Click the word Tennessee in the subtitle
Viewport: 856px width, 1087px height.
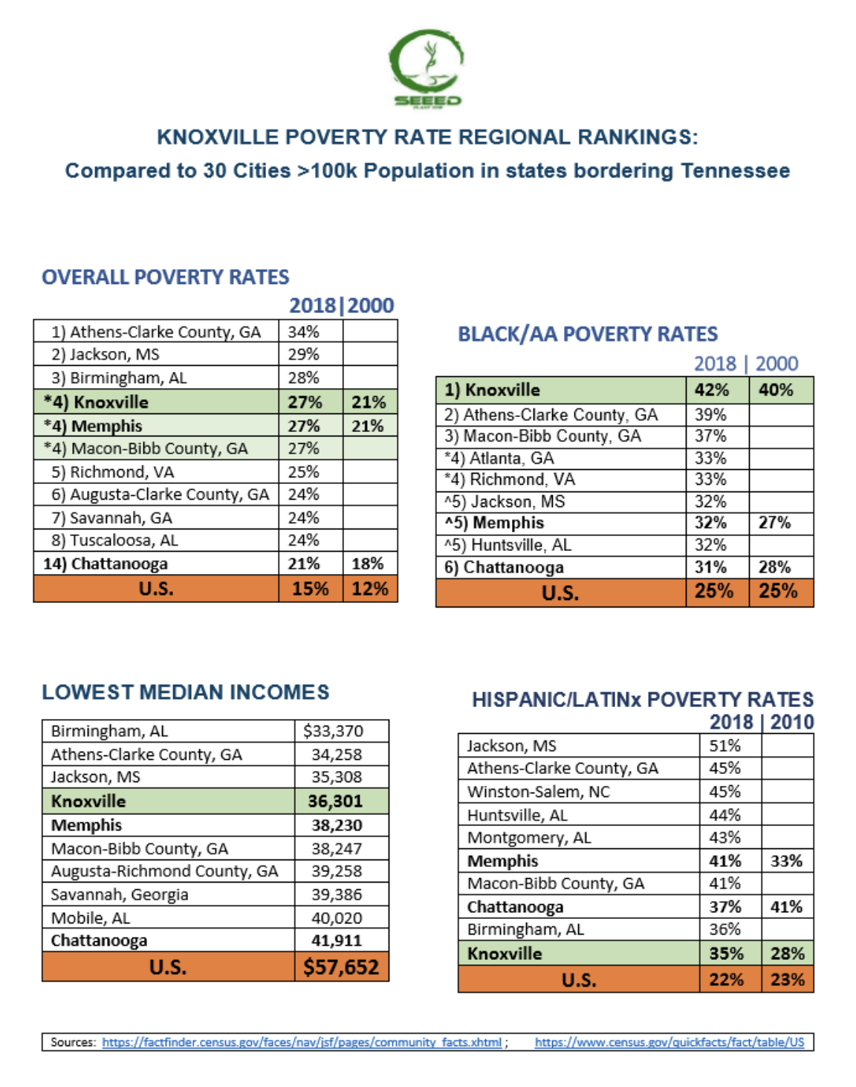coord(735,171)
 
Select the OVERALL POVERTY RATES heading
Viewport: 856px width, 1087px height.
coord(165,277)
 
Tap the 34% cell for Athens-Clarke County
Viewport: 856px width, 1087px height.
coord(304,332)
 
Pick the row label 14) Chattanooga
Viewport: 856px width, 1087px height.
coord(106,564)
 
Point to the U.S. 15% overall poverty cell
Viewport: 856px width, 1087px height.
coord(310,589)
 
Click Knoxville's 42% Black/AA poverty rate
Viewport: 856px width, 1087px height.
coord(711,390)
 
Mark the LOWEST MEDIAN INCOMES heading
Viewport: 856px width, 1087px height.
coord(185,692)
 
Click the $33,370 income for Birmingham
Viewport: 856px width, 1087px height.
coord(333,731)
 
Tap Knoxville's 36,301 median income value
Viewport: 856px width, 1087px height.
coord(336,801)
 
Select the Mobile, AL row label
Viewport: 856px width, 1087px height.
coord(90,918)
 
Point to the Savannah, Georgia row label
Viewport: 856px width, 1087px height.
coord(119,894)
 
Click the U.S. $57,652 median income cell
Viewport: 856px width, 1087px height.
coord(341,967)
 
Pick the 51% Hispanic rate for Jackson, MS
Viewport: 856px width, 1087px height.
coord(724,746)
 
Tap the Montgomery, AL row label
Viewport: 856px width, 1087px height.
coord(529,838)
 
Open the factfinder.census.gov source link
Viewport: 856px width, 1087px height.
coord(302,1042)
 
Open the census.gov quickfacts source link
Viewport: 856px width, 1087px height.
coord(669,1042)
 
